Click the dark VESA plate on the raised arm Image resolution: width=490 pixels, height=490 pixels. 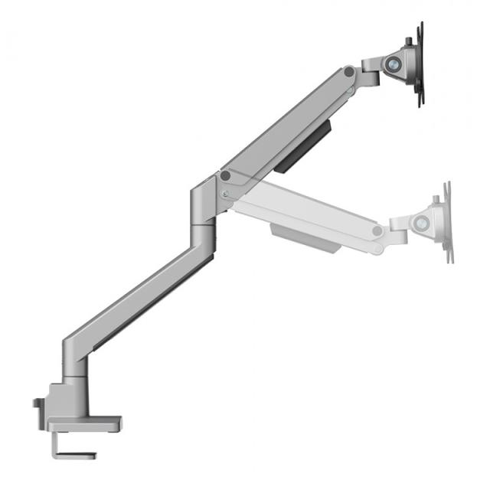click(x=419, y=65)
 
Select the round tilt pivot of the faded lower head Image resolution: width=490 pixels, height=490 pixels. click(x=421, y=224)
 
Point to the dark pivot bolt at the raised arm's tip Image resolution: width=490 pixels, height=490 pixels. click(x=349, y=72)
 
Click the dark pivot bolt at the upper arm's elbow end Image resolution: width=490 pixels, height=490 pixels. click(x=225, y=176)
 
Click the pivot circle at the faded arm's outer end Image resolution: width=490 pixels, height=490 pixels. click(x=377, y=230)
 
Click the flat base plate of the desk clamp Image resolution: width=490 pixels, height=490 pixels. click(x=84, y=422)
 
